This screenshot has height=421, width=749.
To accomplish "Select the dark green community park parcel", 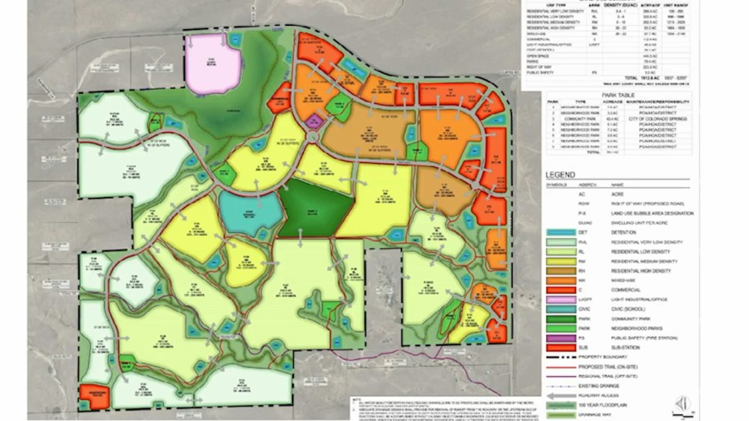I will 315,209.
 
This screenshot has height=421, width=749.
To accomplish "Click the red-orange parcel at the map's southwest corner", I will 97,396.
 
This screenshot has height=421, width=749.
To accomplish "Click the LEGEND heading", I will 563,174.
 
